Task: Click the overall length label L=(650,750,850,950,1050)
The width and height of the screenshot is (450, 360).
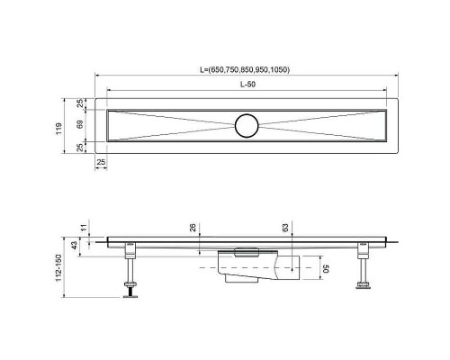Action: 245,70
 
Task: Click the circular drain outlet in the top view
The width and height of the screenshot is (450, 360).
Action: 245,125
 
